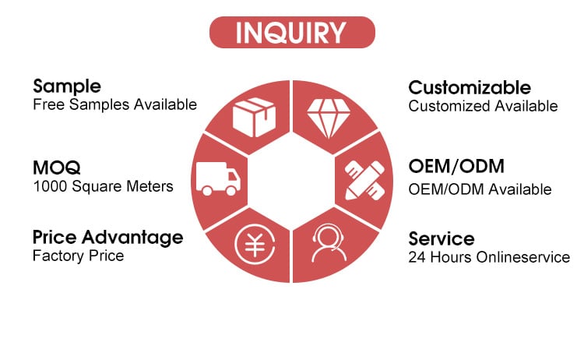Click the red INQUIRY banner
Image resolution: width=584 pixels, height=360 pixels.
click(292, 32)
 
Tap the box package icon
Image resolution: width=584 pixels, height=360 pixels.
click(255, 117)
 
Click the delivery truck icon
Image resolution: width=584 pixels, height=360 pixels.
click(218, 178)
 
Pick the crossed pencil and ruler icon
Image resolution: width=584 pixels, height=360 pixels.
click(364, 181)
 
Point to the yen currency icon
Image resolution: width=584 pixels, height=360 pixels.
click(255, 245)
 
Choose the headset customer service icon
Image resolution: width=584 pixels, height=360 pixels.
click(329, 242)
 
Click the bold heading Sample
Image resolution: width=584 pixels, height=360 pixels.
click(67, 87)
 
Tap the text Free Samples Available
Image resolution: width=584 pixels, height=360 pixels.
click(114, 104)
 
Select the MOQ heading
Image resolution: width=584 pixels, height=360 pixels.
click(57, 168)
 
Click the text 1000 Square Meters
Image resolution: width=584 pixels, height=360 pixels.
click(103, 186)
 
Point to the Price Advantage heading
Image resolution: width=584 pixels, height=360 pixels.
click(108, 238)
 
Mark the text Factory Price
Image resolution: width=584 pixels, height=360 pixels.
click(78, 256)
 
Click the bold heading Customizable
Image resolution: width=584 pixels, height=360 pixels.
click(470, 88)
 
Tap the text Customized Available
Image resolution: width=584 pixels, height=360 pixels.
click(483, 106)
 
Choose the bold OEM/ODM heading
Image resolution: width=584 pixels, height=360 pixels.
click(456, 166)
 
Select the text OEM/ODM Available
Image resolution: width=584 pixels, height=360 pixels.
click(480, 189)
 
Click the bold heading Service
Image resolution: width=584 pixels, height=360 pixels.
click(442, 239)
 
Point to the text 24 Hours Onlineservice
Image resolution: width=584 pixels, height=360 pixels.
click(489, 257)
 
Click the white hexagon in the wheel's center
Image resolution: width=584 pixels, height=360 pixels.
click(291, 181)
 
